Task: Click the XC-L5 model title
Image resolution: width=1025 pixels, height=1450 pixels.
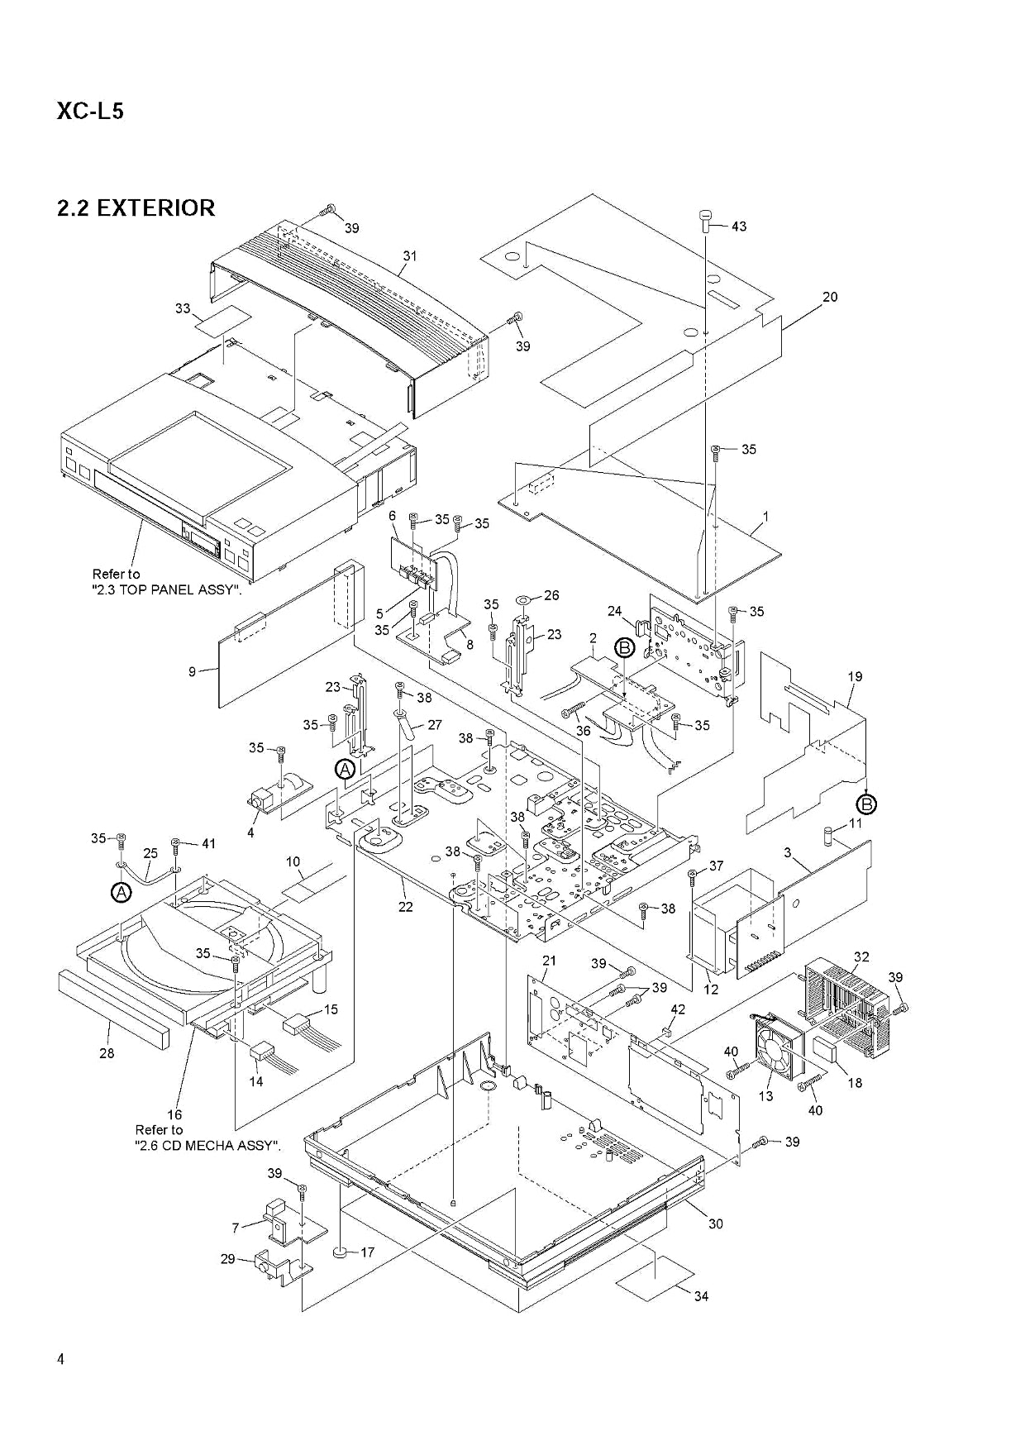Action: (90, 111)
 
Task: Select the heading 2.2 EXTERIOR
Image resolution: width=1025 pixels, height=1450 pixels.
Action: (136, 207)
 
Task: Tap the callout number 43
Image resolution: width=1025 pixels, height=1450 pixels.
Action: (738, 226)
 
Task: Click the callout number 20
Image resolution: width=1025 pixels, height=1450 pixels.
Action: (829, 297)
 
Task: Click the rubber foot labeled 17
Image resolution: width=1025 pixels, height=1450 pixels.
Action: (341, 1253)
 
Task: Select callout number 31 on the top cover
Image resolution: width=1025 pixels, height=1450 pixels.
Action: (410, 255)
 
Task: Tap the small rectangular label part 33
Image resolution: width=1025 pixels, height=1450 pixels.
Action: (222, 321)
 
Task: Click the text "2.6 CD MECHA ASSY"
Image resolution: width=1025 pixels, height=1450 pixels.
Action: (207, 1146)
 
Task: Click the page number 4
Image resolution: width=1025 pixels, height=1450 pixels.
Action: (60, 1359)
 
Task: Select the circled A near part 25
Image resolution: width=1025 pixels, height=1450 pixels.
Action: (121, 893)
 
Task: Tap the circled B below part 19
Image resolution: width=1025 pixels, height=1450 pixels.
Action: (867, 803)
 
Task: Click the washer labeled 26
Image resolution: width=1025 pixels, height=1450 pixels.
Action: (526, 596)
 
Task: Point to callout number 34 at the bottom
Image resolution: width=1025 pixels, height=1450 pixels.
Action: (700, 1295)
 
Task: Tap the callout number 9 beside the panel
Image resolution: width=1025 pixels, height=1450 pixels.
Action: (192, 672)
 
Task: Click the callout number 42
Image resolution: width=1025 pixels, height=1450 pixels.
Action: (678, 1009)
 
